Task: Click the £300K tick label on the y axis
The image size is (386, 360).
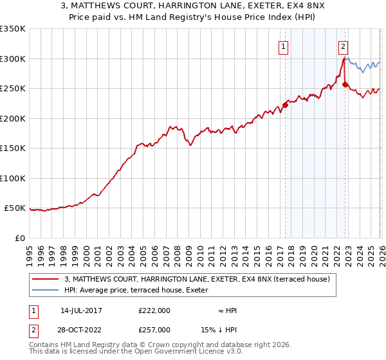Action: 13,59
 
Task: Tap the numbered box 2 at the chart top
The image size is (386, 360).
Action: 344,46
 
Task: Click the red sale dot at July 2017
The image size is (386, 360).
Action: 285,105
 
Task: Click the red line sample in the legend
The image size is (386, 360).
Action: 45,279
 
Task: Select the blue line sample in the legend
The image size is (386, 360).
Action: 45,290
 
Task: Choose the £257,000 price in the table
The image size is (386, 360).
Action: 154,329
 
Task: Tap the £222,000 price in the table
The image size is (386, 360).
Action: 154,310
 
